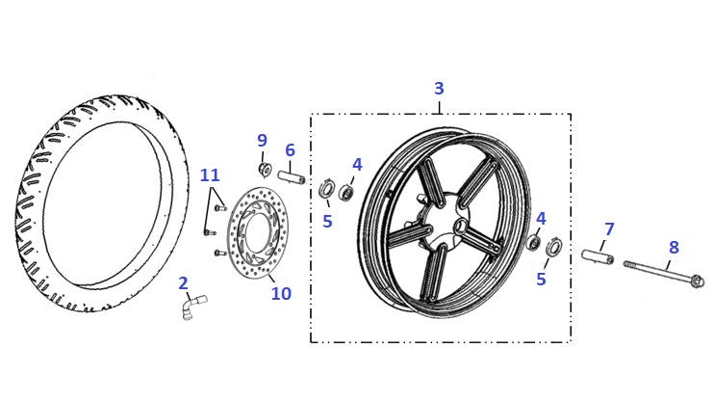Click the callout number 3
click(439, 89)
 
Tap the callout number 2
click(183, 283)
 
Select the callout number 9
click(262, 141)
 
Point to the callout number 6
click(290, 150)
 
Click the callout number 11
click(210, 175)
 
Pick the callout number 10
click(281, 293)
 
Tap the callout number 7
click(609, 229)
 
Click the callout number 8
click(674, 248)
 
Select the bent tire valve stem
click(193, 307)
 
